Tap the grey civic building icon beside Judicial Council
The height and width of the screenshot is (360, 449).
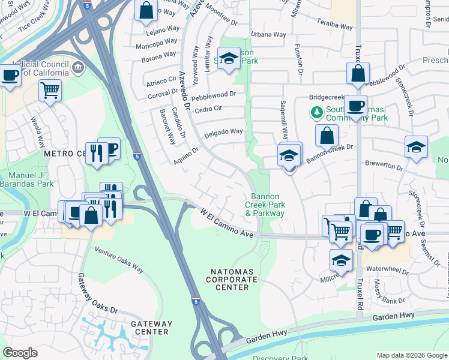[78, 67]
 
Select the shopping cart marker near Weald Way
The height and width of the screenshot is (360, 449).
[50, 91]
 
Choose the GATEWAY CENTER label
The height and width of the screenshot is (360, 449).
[136, 327]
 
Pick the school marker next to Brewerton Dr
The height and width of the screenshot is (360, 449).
[416, 147]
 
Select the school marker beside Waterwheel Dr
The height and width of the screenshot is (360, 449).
[341, 260]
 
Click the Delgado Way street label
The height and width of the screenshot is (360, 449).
[223, 132]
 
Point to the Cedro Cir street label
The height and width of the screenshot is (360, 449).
[209, 109]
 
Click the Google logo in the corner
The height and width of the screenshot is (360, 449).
[20, 353]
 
